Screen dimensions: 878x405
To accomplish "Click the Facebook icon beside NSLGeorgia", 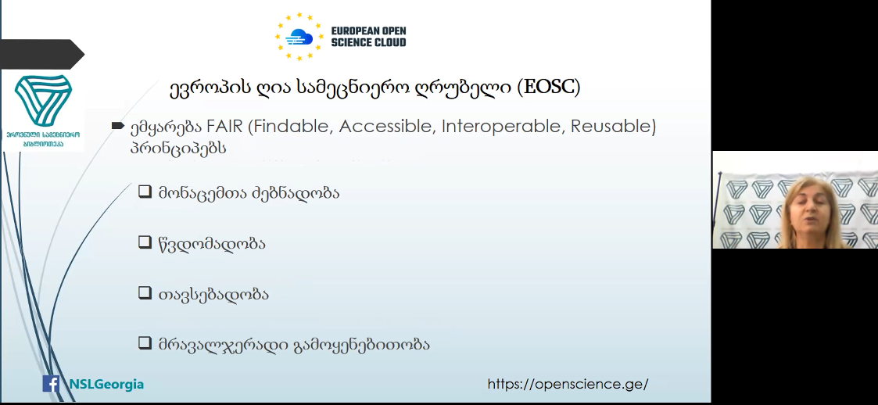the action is point(51,384).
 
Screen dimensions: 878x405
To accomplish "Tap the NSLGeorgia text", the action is point(106,384).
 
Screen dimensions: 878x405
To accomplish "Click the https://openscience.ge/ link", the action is point(568,384).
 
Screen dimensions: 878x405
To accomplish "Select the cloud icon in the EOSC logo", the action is point(299,37).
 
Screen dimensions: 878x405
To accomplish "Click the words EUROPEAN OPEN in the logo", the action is point(368,31).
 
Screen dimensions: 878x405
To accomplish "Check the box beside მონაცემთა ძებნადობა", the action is point(145,192).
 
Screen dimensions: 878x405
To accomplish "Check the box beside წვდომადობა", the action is point(145,242).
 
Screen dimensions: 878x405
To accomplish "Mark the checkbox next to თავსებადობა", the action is point(145,292).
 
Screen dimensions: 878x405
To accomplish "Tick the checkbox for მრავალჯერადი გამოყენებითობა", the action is point(145,342).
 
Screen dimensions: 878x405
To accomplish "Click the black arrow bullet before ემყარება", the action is point(117,126).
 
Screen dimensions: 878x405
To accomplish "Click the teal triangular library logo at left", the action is point(43,101).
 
